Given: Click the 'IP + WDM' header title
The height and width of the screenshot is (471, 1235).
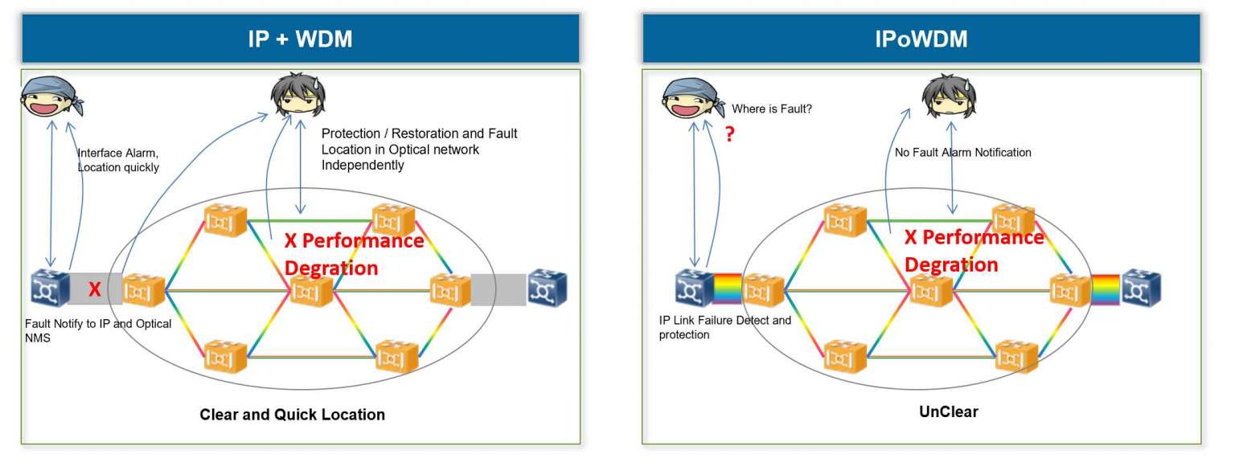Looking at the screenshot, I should [300, 39].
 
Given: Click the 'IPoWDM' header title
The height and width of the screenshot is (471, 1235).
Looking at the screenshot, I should [921, 39].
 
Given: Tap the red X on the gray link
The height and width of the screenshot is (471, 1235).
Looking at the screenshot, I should [94, 289].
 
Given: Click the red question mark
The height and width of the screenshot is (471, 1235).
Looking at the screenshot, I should [729, 135].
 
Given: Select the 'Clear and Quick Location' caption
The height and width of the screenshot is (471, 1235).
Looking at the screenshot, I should [292, 415].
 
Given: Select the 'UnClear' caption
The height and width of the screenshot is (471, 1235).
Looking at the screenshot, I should [948, 412].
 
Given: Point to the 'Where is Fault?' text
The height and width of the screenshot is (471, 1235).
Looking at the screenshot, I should [771, 109].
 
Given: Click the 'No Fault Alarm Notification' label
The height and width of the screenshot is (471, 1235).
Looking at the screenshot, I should [962, 152].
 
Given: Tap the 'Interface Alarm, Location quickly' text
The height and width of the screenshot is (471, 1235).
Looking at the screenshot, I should [117, 159].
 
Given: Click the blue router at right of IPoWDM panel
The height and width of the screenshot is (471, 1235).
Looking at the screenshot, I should [1141, 289].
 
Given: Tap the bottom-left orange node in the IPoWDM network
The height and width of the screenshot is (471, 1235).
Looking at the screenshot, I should [843, 356].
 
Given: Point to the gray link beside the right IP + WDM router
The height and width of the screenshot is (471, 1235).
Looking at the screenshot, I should [499, 289].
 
